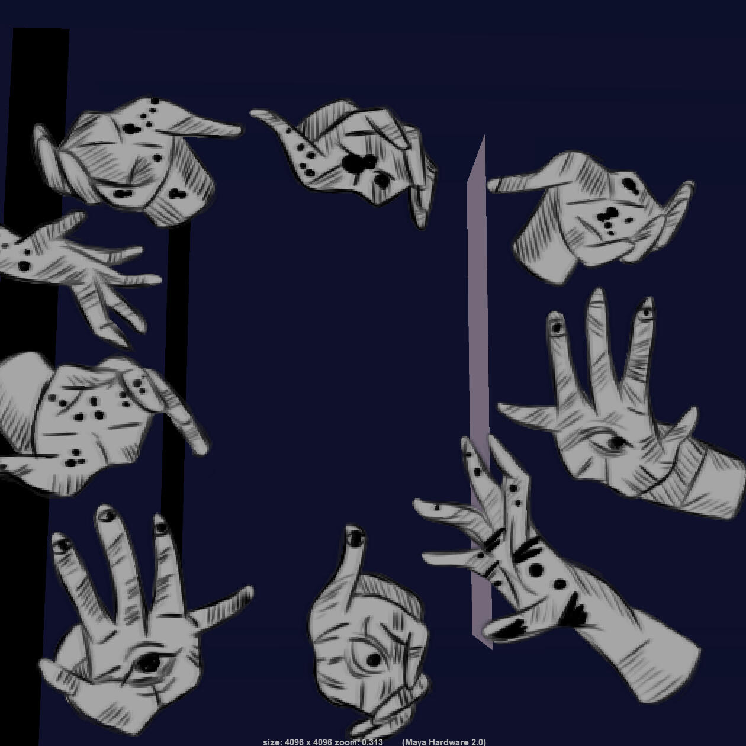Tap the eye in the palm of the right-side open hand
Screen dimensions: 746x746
click(613, 442)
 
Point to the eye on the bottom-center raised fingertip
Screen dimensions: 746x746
click(355, 539)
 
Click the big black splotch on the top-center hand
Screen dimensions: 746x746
click(359, 163)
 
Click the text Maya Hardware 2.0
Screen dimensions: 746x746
click(443, 742)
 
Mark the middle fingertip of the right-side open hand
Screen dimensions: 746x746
click(598, 293)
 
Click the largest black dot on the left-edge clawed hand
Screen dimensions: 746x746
click(24, 266)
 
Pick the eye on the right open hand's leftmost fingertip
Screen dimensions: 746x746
click(557, 327)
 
